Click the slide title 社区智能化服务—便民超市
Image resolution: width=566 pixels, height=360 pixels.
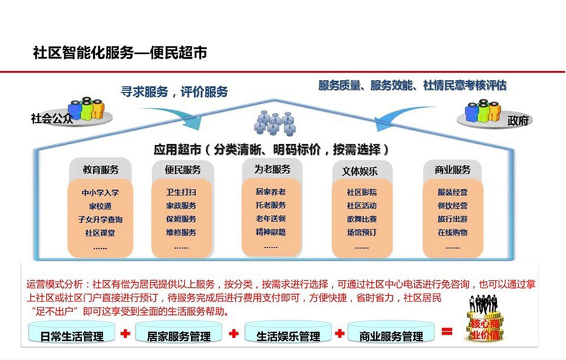tap(120, 53)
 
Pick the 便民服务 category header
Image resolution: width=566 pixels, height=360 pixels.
tap(182, 170)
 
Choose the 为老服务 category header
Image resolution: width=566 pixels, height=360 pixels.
tap(272, 170)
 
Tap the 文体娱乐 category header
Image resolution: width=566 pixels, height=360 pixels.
tap(360, 170)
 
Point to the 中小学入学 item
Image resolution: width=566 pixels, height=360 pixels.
tap(101, 193)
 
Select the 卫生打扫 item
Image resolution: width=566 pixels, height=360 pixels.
tap(181, 192)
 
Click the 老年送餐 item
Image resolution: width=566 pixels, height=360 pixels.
tap(270, 219)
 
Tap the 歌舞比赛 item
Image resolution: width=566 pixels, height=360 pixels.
tap(362, 219)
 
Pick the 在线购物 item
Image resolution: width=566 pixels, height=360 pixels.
tap(452, 232)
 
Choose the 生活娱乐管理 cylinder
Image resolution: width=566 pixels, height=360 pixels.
tap(288, 335)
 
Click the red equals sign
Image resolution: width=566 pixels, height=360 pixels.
tap(447, 331)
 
